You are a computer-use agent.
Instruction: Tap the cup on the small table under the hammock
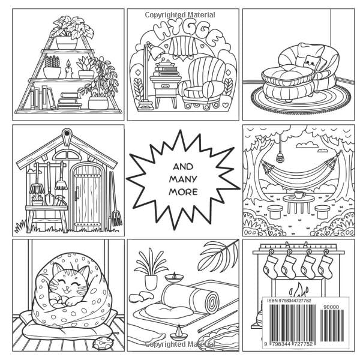[298, 194]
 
